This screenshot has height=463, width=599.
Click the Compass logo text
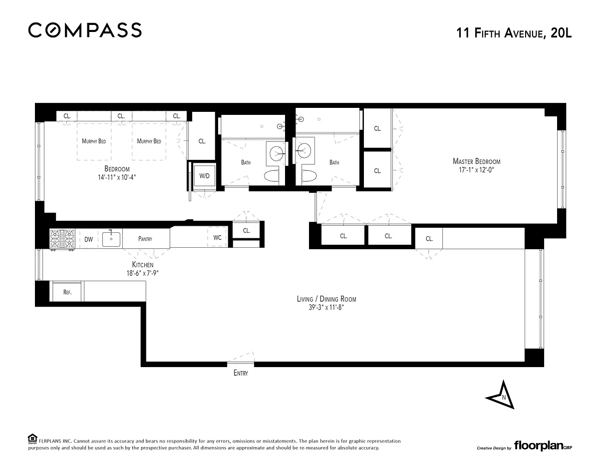point(85,30)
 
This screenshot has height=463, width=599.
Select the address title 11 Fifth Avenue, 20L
point(514,33)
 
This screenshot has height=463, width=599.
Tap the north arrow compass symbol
point(500,395)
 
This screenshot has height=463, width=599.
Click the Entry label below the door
point(241,373)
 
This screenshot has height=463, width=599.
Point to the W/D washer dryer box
point(204,176)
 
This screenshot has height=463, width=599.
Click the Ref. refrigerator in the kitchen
point(67,292)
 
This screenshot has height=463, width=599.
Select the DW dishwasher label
point(88,239)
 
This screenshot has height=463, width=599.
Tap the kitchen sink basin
point(111,239)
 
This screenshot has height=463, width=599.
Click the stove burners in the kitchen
point(62,239)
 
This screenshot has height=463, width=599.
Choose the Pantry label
point(145,239)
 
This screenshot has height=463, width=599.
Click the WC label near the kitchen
point(217,237)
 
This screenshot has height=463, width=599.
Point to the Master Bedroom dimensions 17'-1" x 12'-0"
point(476,170)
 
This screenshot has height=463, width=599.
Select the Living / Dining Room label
point(326,299)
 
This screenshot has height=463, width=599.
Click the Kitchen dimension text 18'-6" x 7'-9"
point(143,273)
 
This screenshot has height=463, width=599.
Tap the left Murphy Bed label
point(94,141)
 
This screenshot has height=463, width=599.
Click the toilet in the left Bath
point(273,175)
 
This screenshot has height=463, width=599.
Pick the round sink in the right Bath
point(304,150)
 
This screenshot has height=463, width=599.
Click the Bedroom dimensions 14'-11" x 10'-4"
point(117,177)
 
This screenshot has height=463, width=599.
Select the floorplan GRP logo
point(543,446)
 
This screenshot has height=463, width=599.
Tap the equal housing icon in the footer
point(32,439)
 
